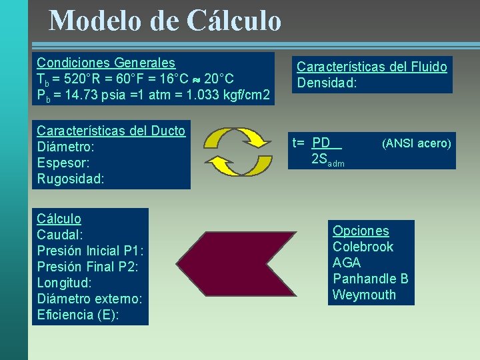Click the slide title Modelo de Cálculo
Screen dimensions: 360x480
[x=165, y=20]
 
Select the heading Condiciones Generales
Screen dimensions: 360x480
[x=105, y=63]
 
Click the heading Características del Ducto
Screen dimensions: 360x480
[x=111, y=131]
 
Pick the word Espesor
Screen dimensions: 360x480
[x=63, y=163]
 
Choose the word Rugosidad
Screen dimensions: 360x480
[x=70, y=179]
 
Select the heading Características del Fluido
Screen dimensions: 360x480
[x=371, y=67]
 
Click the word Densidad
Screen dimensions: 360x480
[x=327, y=83]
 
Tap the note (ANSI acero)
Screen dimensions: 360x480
[x=416, y=143]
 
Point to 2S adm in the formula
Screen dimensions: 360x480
[x=327, y=160]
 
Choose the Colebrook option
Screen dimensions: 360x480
[x=363, y=247]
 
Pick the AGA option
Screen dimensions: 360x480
[x=347, y=263]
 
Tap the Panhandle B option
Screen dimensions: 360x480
[x=370, y=279]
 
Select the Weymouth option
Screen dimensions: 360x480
[x=364, y=295]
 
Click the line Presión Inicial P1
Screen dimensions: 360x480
[x=90, y=251]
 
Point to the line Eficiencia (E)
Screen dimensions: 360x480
[x=78, y=315]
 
